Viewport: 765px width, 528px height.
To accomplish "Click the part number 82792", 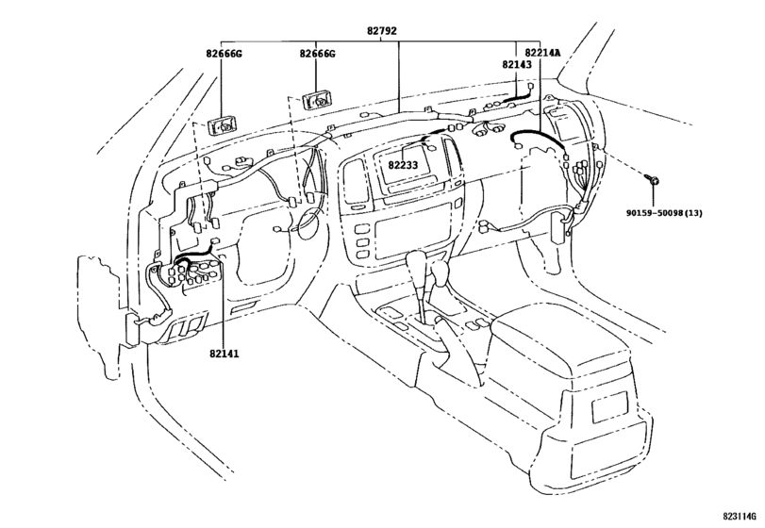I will pos(381,30).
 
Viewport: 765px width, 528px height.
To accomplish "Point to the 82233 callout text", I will pos(403,164).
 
